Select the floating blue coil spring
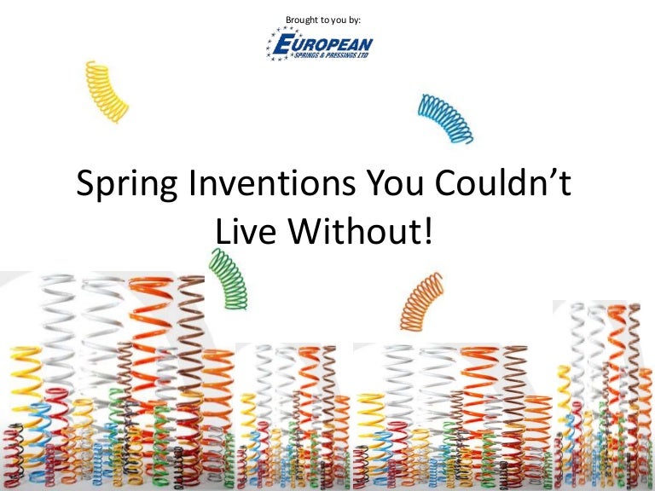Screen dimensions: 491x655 444,118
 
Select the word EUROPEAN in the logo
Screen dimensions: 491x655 328,43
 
